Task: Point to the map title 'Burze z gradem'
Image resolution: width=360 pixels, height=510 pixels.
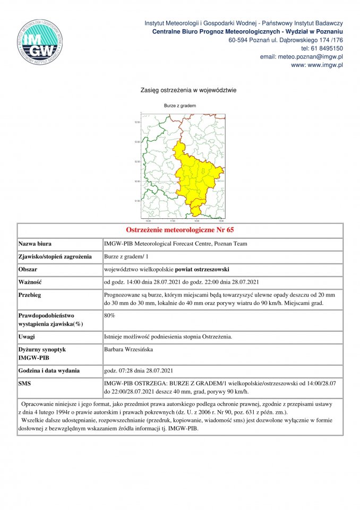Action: tap(180, 106)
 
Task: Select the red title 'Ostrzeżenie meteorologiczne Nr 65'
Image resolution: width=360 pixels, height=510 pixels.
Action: tap(180, 230)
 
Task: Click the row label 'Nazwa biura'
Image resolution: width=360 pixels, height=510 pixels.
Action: tap(35, 244)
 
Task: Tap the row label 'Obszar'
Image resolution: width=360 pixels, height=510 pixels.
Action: tap(29, 269)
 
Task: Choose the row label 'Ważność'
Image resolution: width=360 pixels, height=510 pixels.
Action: tap(30, 282)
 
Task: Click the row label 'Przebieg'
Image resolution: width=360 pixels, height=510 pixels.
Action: tap(30, 295)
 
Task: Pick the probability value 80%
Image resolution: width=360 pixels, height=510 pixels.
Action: tap(109, 316)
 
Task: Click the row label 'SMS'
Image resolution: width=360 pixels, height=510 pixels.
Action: tap(25, 383)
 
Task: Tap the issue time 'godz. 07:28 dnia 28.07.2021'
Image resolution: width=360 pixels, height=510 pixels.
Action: tap(139, 370)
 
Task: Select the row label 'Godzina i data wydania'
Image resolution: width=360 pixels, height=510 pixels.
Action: tap(49, 370)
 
